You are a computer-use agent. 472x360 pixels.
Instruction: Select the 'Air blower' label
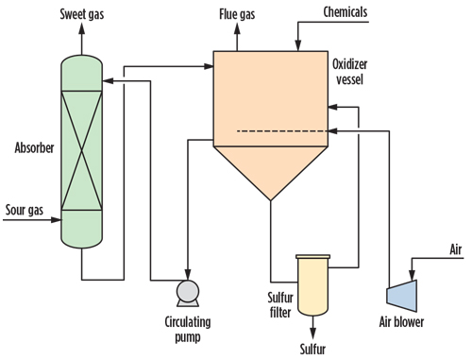tap(396, 321)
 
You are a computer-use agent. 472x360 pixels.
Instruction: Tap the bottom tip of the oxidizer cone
tap(272, 199)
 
